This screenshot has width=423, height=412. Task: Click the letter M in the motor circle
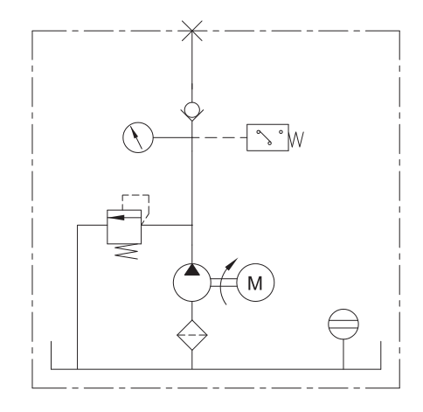255,283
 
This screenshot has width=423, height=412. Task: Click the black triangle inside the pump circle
192,270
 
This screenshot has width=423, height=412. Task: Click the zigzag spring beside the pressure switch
296,139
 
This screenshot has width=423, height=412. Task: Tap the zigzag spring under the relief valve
127,252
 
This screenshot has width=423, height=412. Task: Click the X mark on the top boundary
192,31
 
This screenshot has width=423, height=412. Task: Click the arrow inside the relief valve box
116,218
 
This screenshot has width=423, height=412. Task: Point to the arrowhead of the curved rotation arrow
232,263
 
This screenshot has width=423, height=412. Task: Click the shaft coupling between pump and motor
224,283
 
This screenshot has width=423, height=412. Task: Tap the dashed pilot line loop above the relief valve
135,195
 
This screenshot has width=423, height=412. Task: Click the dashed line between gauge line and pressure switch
219,137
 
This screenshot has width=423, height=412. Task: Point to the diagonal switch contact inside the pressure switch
264,137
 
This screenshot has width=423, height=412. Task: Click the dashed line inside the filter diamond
192,335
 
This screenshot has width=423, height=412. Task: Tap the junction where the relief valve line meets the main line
192,225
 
